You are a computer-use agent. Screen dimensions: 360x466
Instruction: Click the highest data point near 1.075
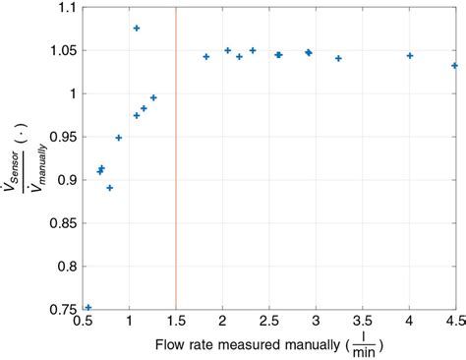tap(136, 29)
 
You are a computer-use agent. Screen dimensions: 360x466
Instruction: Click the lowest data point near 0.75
tap(88, 307)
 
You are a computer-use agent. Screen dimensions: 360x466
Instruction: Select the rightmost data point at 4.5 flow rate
tap(454, 66)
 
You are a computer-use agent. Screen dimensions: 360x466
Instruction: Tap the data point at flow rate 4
tap(410, 56)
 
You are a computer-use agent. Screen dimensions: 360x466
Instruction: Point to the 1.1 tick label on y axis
tap(64, 8)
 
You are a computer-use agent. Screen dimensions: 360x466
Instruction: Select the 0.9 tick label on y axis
tap(64, 180)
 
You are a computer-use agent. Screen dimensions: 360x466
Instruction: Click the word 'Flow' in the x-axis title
tap(169, 346)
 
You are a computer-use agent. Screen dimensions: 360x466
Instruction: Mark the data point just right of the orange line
tap(205, 56)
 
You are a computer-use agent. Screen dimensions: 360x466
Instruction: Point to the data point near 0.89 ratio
tap(110, 188)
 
